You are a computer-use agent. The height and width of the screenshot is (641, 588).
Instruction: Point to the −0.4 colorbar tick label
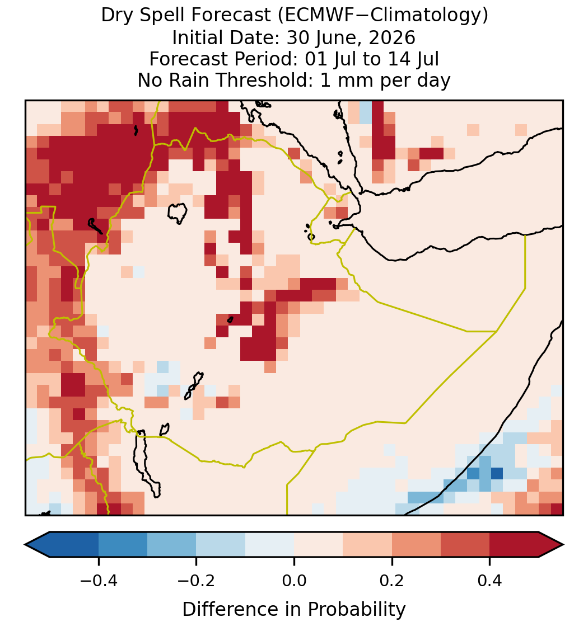(99, 581)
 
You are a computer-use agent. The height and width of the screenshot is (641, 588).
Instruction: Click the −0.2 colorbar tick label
(197, 581)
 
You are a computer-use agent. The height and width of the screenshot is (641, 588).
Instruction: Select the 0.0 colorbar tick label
(294, 581)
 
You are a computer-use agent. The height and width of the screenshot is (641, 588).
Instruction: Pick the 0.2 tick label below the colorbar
(392, 581)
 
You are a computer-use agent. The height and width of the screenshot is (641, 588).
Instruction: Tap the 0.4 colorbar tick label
(490, 581)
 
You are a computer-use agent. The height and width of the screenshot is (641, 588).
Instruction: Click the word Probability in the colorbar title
(356, 610)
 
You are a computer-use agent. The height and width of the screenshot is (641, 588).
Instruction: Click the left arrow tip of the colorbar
(25, 545)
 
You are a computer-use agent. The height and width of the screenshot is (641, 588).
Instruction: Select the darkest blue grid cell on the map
(497, 473)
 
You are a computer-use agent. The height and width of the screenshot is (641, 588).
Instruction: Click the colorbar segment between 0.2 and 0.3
(416, 545)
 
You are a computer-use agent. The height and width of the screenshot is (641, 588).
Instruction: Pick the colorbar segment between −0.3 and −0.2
(172, 545)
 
